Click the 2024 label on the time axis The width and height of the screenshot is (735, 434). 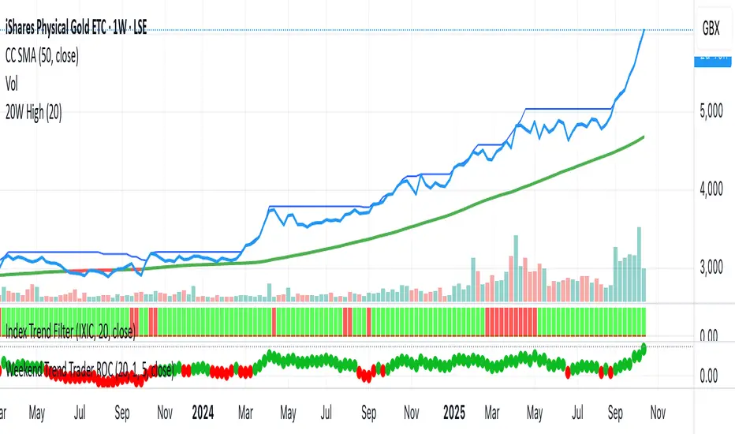(x=203, y=413)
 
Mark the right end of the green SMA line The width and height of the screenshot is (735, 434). (x=644, y=137)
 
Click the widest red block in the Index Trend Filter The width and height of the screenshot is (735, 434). (x=511, y=322)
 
